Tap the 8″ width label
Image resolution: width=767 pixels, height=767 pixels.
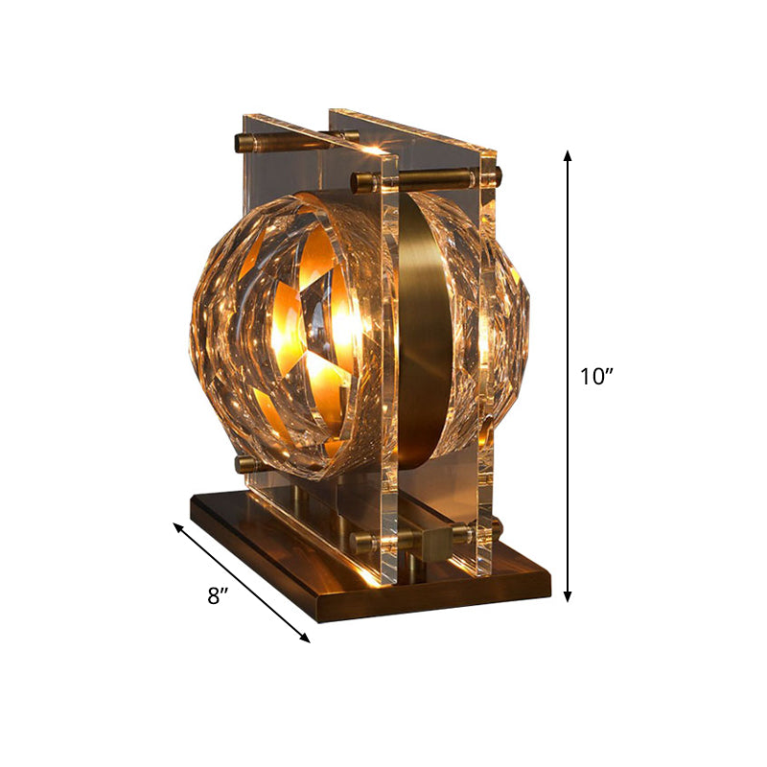[x=218, y=596]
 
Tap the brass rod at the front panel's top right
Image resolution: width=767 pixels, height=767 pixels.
[x=436, y=178]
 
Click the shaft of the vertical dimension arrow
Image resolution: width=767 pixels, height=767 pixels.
[x=569, y=288]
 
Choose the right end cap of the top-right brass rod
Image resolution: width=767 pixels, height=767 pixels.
[x=496, y=175]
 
